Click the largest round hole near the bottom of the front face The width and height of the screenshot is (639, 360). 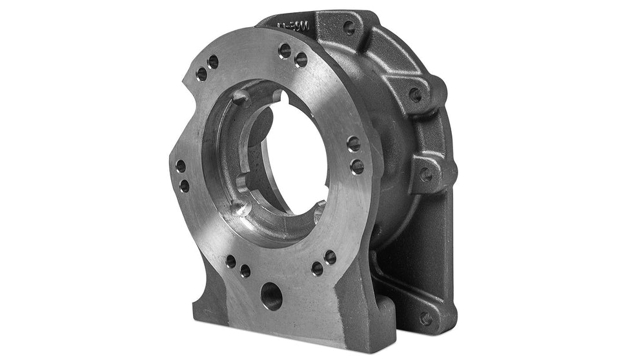271,296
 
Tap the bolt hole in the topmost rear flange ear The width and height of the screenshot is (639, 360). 349,28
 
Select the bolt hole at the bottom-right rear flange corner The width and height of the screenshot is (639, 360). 425,318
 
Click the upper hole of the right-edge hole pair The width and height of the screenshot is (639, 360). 354,144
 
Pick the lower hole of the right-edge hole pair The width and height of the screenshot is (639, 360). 357,167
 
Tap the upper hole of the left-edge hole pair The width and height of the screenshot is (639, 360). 181,166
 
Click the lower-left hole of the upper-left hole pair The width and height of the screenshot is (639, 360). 201,74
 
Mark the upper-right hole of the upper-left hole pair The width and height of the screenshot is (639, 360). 213,62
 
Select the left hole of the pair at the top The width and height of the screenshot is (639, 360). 285,50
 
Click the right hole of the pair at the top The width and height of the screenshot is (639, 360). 301,60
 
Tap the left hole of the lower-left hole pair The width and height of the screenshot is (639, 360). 231,261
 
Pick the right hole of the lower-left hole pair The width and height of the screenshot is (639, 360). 245,271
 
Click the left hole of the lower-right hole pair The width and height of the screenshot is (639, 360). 317,268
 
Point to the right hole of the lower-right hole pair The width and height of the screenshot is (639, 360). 330,257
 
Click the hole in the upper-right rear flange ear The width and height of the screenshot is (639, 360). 416,95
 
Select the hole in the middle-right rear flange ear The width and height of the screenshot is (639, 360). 427,174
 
